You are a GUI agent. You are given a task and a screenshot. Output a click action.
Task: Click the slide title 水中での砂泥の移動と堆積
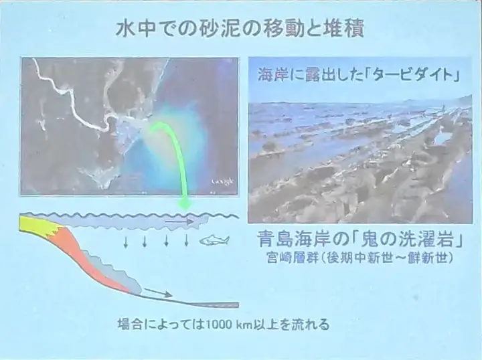(239, 30)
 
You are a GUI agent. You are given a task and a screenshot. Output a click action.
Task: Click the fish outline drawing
(214, 240)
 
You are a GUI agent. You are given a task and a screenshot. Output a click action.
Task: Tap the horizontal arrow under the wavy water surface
(180, 221)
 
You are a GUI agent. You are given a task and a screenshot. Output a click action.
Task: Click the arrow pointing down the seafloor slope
(158, 292)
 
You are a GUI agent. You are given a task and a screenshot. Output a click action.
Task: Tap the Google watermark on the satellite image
(222, 182)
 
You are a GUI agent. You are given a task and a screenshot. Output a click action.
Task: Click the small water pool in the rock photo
(443, 139)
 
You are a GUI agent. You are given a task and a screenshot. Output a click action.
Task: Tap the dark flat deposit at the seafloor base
(215, 305)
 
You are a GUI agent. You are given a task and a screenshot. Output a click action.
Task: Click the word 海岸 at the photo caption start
(271, 75)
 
